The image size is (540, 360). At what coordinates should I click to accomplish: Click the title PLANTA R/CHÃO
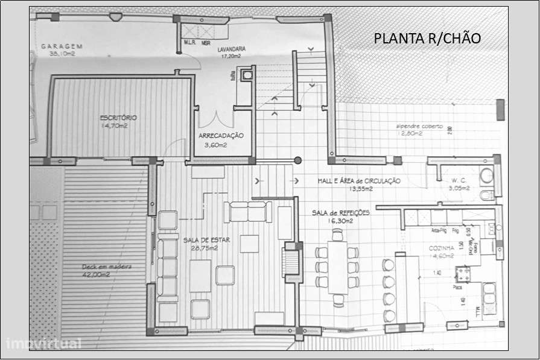(427, 39)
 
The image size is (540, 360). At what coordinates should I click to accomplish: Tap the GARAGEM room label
(62, 46)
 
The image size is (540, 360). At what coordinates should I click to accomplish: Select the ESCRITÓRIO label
(118, 118)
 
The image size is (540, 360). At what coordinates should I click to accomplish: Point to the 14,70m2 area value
(113, 126)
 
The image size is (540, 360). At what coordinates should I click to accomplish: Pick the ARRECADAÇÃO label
(221, 136)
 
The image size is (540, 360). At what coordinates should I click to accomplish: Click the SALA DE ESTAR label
(206, 240)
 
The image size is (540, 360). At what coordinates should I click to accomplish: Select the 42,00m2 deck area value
(96, 275)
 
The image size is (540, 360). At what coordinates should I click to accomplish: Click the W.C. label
(454, 180)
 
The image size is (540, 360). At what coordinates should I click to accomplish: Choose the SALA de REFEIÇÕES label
(340, 213)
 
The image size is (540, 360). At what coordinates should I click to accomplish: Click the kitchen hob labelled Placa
(464, 275)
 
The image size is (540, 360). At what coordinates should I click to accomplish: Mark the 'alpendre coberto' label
(419, 127)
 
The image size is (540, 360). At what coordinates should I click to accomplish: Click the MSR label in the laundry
(206, 43)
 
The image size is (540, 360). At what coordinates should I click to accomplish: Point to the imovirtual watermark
(43, 344)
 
